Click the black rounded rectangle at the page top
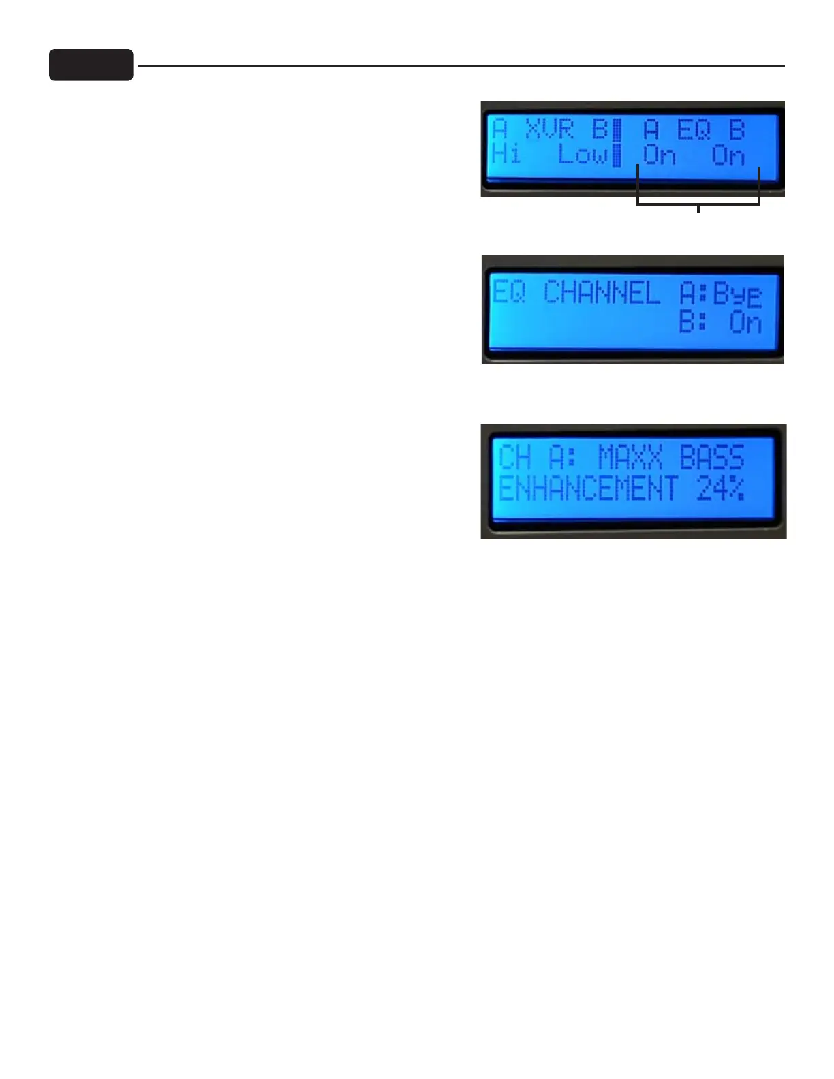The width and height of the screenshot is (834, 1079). click(91, 65)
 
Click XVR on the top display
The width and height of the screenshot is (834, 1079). click(549, 129)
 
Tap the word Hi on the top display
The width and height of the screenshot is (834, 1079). click(506, 155)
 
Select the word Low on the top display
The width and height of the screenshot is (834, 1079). click(582, 155)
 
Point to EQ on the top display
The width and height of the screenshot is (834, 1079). click(694, 129)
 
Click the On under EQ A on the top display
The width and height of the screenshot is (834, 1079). click(659, 156)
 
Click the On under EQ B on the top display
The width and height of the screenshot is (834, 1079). click(728, 156)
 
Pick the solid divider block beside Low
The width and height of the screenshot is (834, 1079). click(617, 155)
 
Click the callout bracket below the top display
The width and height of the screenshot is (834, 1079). click(698, 203)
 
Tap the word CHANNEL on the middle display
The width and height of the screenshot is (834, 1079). click(602, 294)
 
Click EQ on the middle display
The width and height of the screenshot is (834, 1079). click(508, 293)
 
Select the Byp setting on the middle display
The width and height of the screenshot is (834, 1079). click(737, 295)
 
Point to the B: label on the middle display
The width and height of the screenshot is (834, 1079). click(692, 322)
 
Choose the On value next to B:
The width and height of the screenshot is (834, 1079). click(745, 322)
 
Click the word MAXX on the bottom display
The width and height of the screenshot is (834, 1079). click(630, 458)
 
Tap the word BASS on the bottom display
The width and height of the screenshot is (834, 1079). click(712, 458)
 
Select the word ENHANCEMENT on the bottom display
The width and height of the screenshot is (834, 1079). click(588, 489)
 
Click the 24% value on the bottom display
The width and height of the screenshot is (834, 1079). click(720, 489)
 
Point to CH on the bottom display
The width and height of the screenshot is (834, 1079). click(515, 458)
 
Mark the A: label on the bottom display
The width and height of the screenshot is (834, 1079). click(563, 458)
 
